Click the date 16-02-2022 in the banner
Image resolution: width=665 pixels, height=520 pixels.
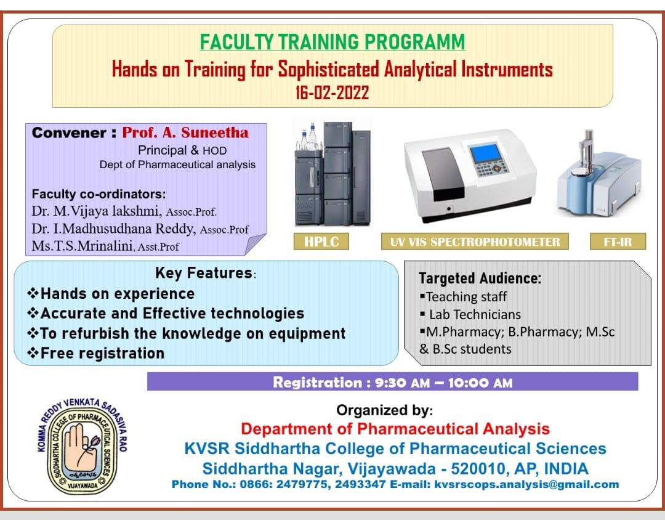[332, 92]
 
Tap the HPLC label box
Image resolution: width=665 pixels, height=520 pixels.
[321, 241]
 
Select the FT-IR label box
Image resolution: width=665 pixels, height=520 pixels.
[618, 241]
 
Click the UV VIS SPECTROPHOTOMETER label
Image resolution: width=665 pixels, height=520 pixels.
[475, 241]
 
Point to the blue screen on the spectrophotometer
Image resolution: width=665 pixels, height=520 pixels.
[485, 153]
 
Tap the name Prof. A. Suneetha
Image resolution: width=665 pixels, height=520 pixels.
[185, 132]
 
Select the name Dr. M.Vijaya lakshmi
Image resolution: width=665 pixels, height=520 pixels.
[96, 211]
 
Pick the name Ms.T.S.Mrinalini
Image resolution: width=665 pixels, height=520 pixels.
[83, 246]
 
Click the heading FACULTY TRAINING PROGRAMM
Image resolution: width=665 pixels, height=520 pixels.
[332, 42]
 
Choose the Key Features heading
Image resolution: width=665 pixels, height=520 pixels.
[204, 273]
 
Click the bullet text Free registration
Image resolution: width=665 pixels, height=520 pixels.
[102, 353]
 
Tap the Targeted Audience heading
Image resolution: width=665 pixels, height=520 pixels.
[480, 278]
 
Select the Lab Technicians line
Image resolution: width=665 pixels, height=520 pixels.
[475, 315]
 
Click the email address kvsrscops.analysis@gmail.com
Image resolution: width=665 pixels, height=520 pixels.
[526, 484]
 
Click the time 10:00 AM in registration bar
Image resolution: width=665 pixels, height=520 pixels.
[480, 383]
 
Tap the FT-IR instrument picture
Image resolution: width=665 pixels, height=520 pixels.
[600, 173]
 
